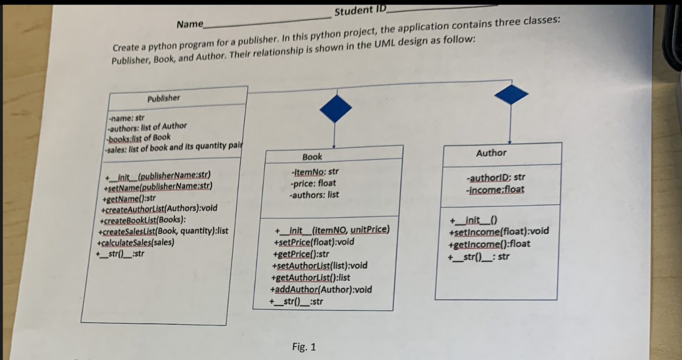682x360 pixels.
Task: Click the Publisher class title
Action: (164, 98)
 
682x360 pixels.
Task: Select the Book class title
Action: (312, 157)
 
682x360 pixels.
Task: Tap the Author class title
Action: (491, 153)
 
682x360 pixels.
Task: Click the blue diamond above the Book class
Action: (335, 108)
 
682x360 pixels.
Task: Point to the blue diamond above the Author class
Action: (511, 95)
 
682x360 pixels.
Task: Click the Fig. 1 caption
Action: (304, 347)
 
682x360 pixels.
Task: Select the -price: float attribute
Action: (313, 183)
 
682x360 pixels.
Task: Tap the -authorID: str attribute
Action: (495, 177)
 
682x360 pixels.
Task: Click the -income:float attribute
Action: (495, 190)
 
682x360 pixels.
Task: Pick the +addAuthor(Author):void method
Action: (322, 290)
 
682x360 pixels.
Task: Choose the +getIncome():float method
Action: (488, 244)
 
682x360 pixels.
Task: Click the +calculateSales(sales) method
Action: (136, 242)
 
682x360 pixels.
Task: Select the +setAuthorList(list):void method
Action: (320, 265)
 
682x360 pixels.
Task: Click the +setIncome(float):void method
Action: (498, 232)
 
